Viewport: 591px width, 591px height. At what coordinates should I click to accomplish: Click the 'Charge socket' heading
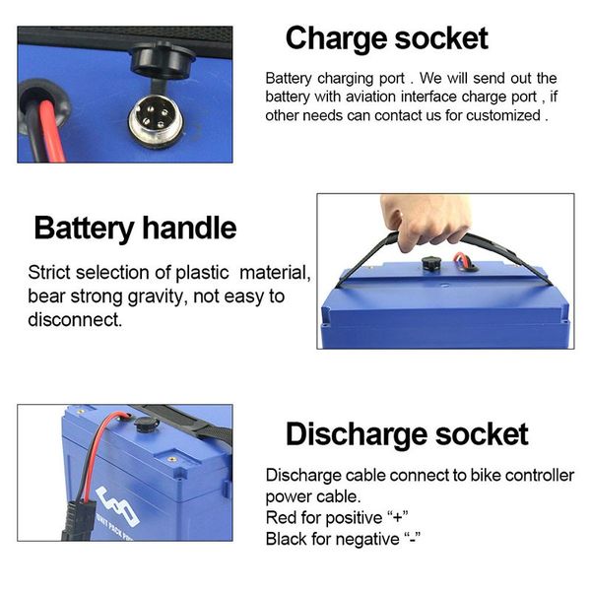click(386, 38)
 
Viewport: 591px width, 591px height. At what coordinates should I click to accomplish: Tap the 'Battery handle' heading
click(135, 229)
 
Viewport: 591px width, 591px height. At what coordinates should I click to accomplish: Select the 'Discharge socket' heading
click(407, 434)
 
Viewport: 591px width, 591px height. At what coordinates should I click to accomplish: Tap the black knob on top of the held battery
click(430, 263)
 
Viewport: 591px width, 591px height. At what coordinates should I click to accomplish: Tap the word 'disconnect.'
click(75, 320)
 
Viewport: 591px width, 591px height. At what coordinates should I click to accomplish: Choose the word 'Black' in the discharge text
click(287, 540)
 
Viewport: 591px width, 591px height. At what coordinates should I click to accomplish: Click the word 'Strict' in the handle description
click(49, 273)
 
